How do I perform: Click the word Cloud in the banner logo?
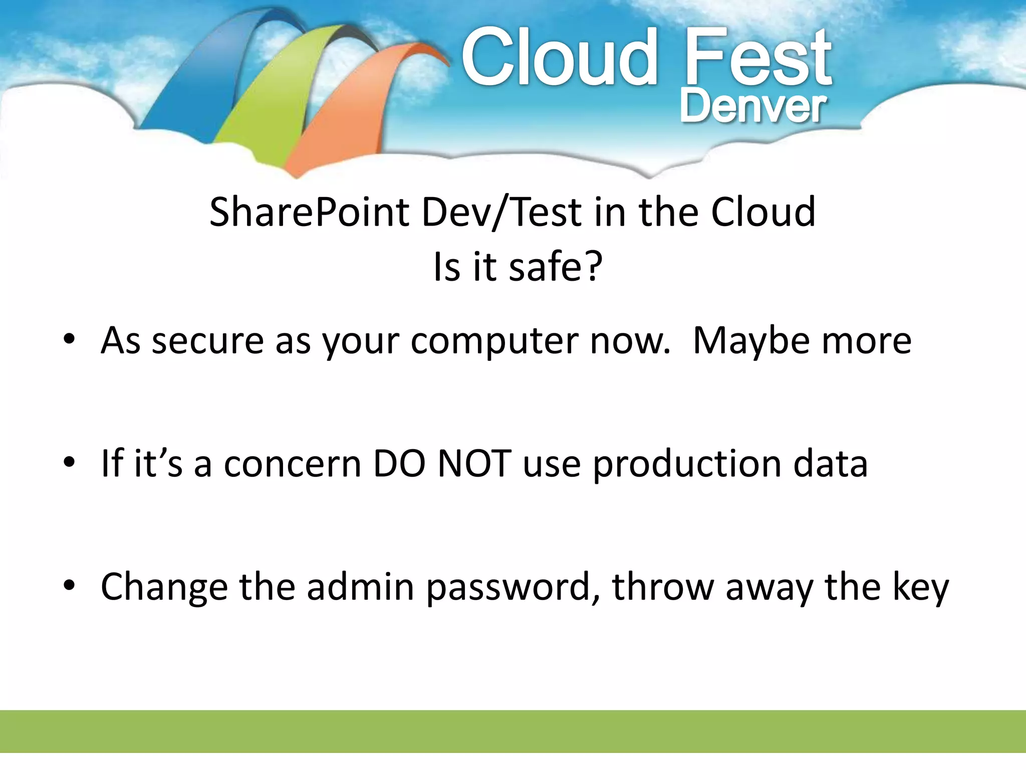point(559,58)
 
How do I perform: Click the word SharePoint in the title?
point(309,213)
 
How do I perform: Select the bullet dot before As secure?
point(69,339)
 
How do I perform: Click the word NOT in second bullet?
point(474,464)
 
